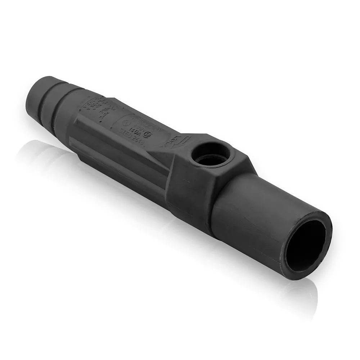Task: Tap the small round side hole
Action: (x=211, y=154)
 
